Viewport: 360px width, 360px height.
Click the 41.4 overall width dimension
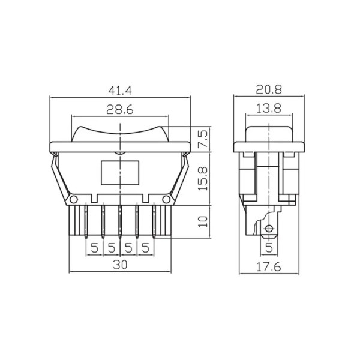point(120,91)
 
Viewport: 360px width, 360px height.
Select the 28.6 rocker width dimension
point(120,110)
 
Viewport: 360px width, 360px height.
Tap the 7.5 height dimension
point(203,139)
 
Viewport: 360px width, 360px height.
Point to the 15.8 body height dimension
point(203,179)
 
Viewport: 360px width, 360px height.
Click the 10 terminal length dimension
point(203,221)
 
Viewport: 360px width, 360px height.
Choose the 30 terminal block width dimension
point(120,265)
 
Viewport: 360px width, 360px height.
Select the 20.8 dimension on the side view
point(269,89)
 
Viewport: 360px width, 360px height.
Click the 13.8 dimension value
point(269,108)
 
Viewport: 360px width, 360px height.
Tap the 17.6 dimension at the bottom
point(269,267)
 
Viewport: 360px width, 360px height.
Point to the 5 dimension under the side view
point(269,247)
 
